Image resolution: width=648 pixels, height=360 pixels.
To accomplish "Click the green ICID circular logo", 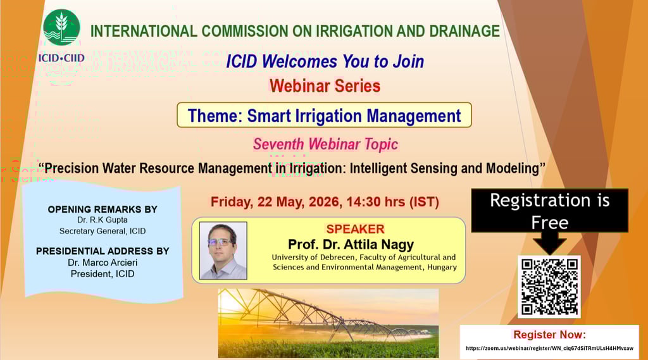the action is coord(61,28).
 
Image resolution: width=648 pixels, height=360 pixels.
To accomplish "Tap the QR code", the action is coord(549,287).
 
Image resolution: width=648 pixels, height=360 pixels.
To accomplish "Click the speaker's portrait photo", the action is coord(223,251).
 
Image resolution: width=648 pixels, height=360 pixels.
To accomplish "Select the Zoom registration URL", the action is coord(549,348).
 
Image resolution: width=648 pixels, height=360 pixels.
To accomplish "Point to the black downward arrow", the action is coord(550,244).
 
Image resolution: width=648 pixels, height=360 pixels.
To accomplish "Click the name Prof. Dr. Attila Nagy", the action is coord(351,244).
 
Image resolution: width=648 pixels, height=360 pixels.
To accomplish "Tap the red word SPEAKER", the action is coord(356,229).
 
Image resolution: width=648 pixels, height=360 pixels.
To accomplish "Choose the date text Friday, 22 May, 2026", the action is coord(275,202).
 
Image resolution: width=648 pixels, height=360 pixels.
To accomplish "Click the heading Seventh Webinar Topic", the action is coord(326,144).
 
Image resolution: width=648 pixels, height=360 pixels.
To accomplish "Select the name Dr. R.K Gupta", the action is coord(103,220).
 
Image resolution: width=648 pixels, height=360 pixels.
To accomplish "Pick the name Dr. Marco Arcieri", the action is coord(103,263).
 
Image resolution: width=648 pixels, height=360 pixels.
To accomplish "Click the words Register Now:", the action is coord(550,334).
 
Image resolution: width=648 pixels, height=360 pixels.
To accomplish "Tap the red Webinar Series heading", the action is coord(325,86).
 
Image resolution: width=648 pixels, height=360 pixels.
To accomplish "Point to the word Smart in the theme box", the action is coord(269,116).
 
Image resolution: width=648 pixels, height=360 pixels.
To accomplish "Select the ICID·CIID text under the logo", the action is coord(61,58).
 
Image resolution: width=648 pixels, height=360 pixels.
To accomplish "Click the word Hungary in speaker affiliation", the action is coord(442,267).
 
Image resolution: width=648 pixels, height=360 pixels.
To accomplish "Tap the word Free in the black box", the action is coord(550,223).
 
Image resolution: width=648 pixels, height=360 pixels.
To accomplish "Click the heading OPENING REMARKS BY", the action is coord(103,209).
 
